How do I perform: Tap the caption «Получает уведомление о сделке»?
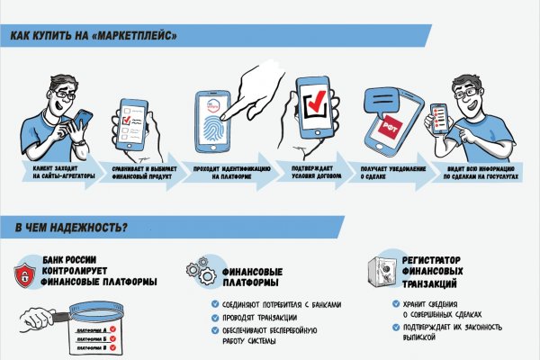pos(391,173)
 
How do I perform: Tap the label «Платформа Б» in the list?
pos(90,344)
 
